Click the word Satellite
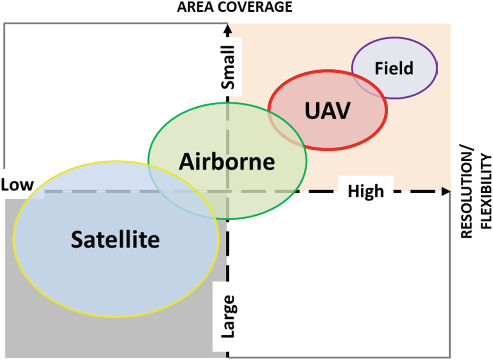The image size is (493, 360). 115,240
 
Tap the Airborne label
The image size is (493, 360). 227,162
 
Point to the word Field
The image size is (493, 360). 394,68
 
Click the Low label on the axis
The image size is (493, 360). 17,185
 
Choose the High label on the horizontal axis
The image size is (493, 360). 366,192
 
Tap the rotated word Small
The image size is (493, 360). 228,67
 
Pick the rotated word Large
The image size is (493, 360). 229,316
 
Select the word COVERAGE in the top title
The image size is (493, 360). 255,7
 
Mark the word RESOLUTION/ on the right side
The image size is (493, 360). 466,192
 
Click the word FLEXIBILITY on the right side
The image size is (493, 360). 486,192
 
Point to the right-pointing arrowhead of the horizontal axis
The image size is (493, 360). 446,192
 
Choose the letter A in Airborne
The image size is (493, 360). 187,162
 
